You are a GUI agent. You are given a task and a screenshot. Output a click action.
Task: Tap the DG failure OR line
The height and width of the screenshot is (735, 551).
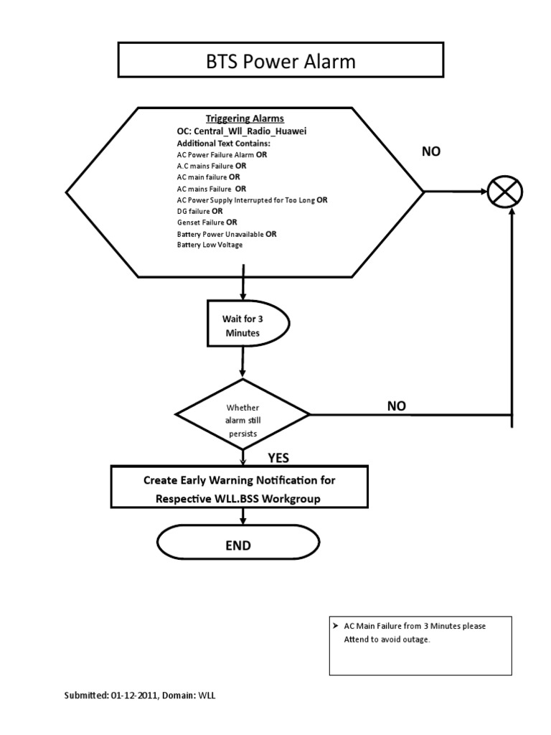[199, 211]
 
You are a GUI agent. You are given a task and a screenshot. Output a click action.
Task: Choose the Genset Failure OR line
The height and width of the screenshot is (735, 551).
[207, 223]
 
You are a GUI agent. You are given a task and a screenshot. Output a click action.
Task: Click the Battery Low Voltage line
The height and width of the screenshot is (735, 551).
[209, 245]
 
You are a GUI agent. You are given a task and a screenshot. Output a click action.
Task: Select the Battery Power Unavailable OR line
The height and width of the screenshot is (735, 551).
[227, 234]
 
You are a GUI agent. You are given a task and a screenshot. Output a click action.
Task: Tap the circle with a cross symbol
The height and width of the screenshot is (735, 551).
[505, 192]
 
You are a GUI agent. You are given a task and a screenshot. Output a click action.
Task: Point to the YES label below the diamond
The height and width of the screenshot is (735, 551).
[278, 458]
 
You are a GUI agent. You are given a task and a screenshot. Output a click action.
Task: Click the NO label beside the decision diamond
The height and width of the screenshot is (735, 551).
[397, 406]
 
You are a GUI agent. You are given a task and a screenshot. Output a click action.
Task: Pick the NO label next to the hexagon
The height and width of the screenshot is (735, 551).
[431, 152]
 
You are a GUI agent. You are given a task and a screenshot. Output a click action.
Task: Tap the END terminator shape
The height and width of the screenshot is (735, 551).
[239, 545]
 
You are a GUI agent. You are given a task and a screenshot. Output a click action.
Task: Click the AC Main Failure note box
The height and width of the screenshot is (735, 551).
[420, 645]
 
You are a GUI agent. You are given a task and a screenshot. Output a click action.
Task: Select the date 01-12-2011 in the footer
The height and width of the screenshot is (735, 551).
[133, 696]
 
